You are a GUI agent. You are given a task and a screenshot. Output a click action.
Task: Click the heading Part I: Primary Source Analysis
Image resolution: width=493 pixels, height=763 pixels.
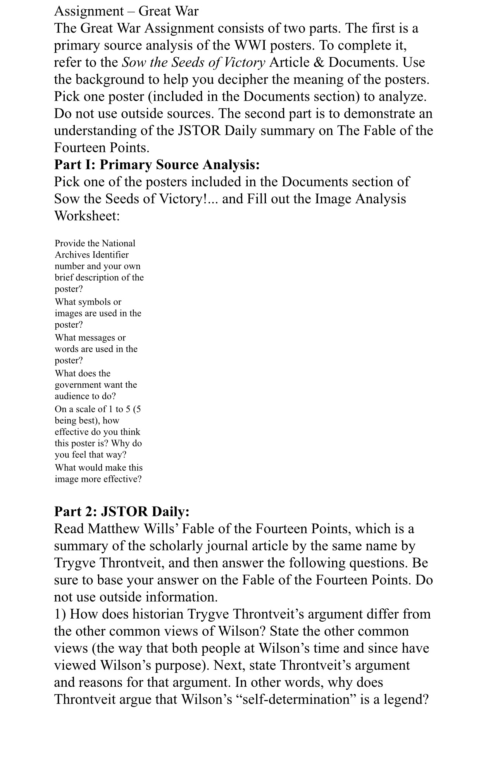point(157,165)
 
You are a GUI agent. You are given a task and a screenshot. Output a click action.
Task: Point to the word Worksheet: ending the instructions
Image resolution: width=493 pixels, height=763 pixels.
point(87,216)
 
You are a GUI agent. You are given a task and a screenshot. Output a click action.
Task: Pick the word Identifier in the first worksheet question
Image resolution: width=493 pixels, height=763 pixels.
point(110,255)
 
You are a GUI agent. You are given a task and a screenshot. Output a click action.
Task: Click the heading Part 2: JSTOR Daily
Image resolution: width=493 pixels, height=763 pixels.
point(122,512)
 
